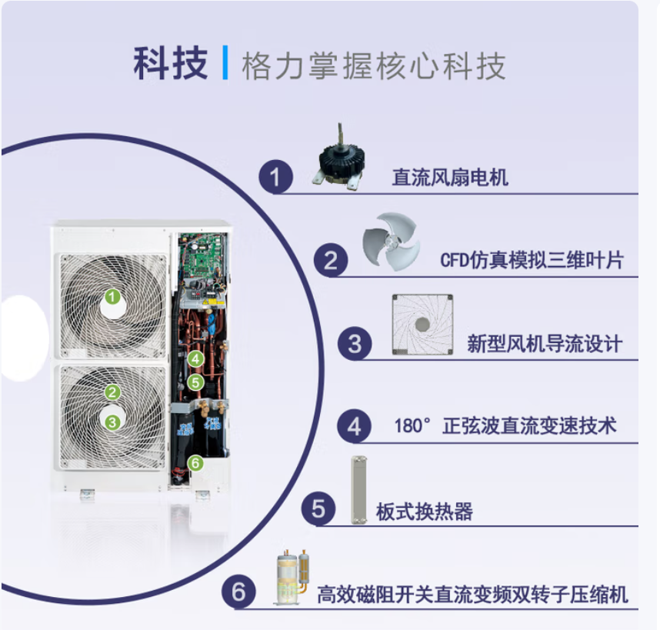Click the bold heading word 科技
pos(171,63)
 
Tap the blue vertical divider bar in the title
pos(225,63)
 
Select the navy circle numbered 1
pos(275,177)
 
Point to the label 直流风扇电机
pos(450,177)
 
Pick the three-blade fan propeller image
pos(391,241)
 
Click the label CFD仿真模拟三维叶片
pos(532,260)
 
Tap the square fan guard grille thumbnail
pos(422,325)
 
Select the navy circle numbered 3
pos(355,343)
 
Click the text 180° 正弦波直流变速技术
pos(505,425)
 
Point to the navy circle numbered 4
pos(354,426)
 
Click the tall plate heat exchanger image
pos(358,490)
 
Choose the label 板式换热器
pos(425,512)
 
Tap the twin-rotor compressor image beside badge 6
pos(292,577)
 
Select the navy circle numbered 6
pos(238,592)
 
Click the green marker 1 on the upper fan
pos(112,297)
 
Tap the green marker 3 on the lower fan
pos(112,422)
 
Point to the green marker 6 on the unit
pos(195,463)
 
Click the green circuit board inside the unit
pos(203,257)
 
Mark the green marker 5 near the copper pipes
pos(195,382)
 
